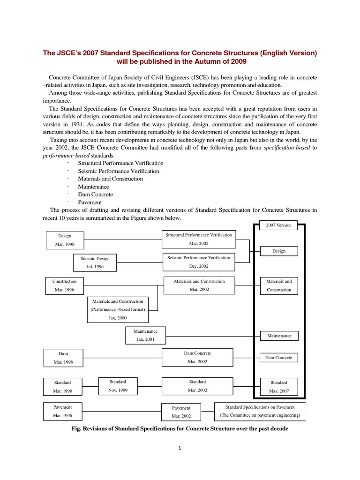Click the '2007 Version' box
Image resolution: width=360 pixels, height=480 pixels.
278,225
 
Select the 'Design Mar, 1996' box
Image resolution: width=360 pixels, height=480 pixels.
65,240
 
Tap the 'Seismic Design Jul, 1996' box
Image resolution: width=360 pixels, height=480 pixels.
95,262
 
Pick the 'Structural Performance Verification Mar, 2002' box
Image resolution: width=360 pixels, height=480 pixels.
198,239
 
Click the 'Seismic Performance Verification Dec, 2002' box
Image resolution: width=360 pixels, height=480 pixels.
198,262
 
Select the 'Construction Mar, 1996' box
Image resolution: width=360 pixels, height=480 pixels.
65,285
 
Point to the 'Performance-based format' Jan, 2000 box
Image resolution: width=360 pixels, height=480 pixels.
118,309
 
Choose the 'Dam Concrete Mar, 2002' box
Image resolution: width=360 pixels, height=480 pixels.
197,357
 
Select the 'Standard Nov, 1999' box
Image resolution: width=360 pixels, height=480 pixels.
118,386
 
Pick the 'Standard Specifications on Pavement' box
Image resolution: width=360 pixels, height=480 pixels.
260,411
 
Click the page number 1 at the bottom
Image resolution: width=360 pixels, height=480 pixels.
180,448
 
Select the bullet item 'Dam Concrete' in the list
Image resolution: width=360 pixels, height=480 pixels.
95,195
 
